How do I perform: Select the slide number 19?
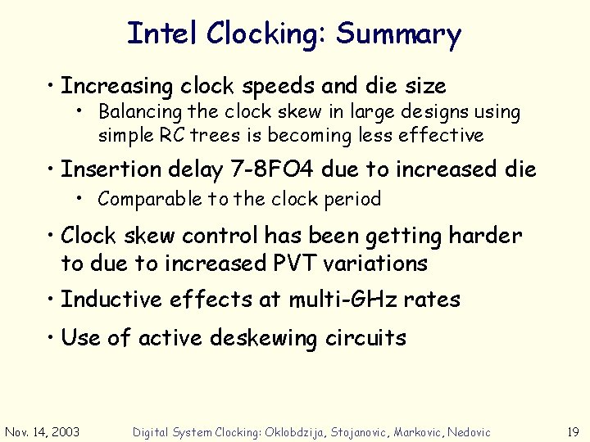tap(574, 431)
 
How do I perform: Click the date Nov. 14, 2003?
tap(42, 431)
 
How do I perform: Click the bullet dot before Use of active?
tap(51, 337)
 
